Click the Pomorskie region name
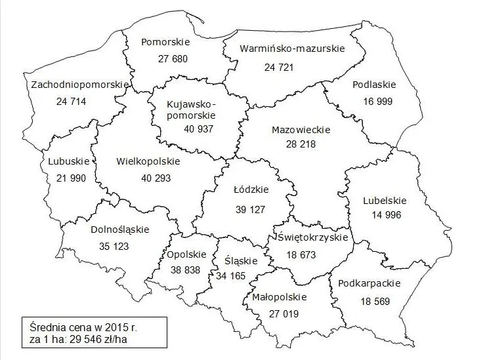tap(165, 42)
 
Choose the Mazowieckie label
tap(301, 129)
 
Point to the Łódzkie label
tap(251, 191)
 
